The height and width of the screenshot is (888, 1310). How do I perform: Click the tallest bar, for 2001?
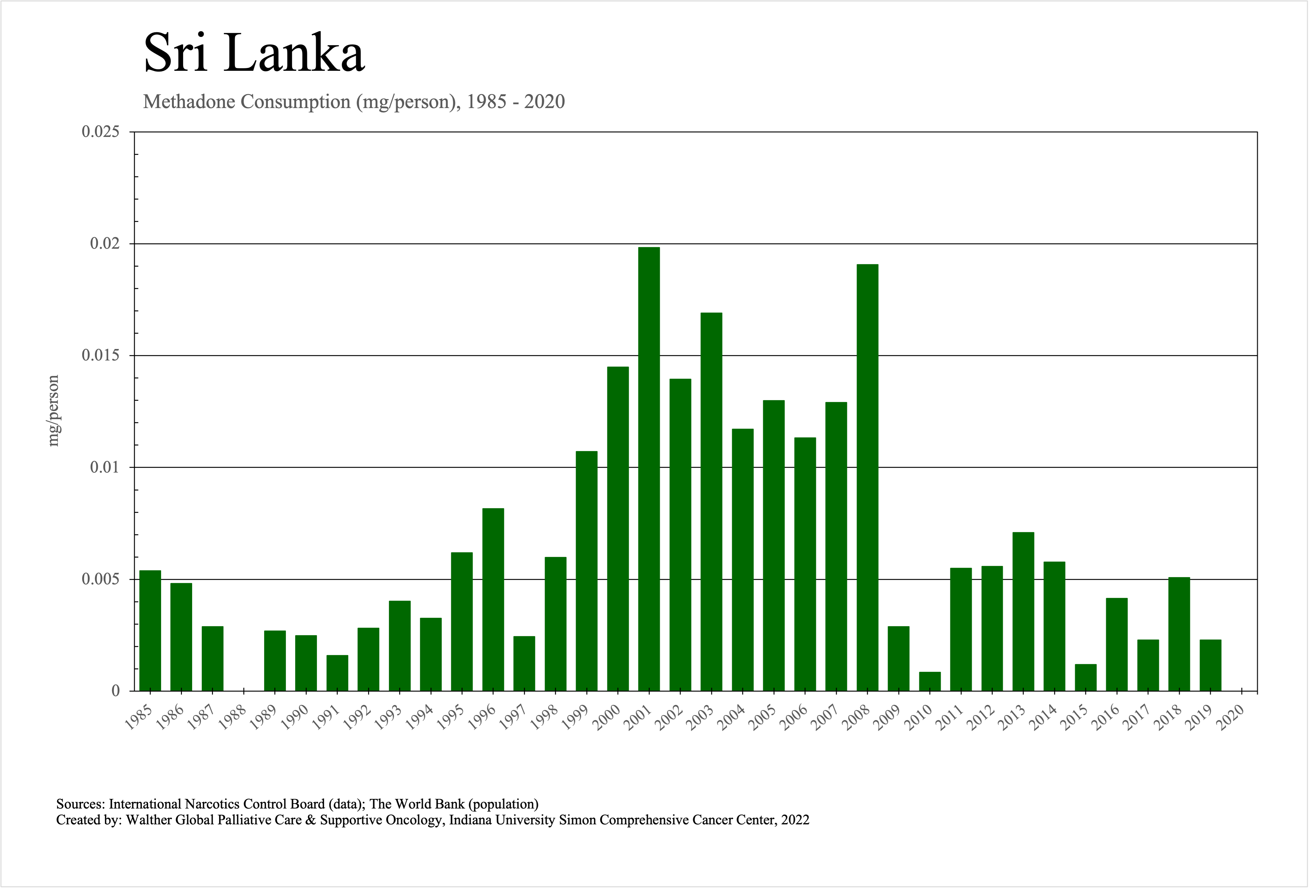tap(649, 468)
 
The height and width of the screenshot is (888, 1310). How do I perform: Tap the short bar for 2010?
tap(930, 681)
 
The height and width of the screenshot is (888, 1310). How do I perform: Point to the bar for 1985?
tap(150, 630)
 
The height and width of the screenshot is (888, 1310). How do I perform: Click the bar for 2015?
tap(1086, 677)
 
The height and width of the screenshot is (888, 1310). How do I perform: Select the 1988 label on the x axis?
tap(233, 718)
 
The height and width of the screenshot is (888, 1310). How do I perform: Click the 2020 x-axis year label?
tap(1231, 718)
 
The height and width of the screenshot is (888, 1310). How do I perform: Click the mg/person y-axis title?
tap(53, 410)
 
